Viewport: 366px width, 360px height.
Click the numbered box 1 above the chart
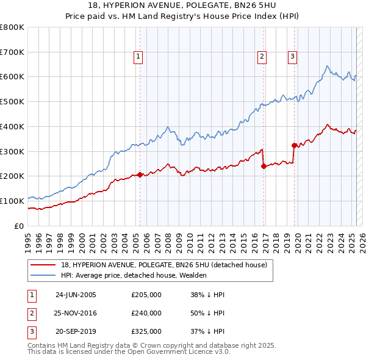tap(138, 57)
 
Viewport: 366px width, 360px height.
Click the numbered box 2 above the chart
tap(262, 57)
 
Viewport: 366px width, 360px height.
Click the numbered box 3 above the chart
tap(292, 57)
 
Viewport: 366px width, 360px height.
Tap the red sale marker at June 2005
tap(140, 175)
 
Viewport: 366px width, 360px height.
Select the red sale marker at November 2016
tap(264, 165)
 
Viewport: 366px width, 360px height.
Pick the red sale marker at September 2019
tap(294, 145)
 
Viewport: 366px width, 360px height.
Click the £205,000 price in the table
tap(146, 295)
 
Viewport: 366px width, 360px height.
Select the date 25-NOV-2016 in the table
tap(76, 313)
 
